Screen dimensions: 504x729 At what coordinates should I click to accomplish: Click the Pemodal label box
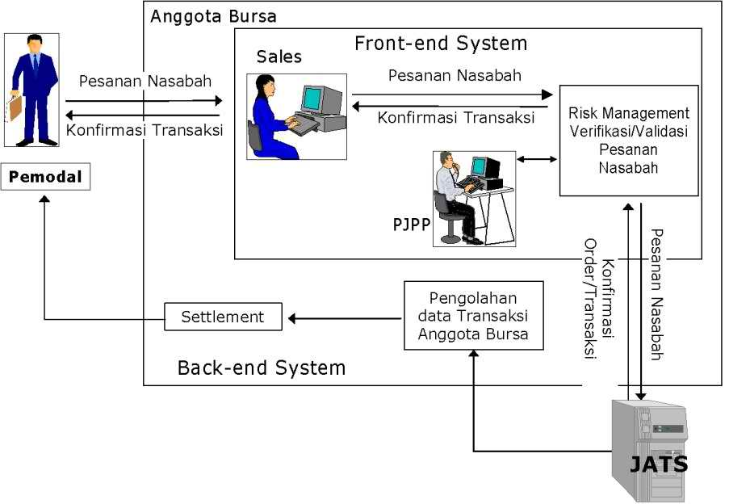pos(45,177)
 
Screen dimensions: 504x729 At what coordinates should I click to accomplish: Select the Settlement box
pos(223,317)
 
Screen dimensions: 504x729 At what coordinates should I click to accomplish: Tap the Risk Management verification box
pos(628,141)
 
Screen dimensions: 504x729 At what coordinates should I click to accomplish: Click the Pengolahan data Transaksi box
pos(473,315)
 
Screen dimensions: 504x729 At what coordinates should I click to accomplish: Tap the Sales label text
pos(279,57)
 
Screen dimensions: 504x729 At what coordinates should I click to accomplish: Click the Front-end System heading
pos(440,43)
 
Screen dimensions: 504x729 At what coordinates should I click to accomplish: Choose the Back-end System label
pos(261,368)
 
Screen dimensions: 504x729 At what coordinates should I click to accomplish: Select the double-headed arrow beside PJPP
pos(537,159)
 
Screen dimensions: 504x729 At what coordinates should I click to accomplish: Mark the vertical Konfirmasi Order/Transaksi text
pos(598,307)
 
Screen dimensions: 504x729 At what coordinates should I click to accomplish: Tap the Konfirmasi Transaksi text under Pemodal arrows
pos(145,130)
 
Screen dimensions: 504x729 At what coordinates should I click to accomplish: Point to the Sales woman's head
pos(266,86)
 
